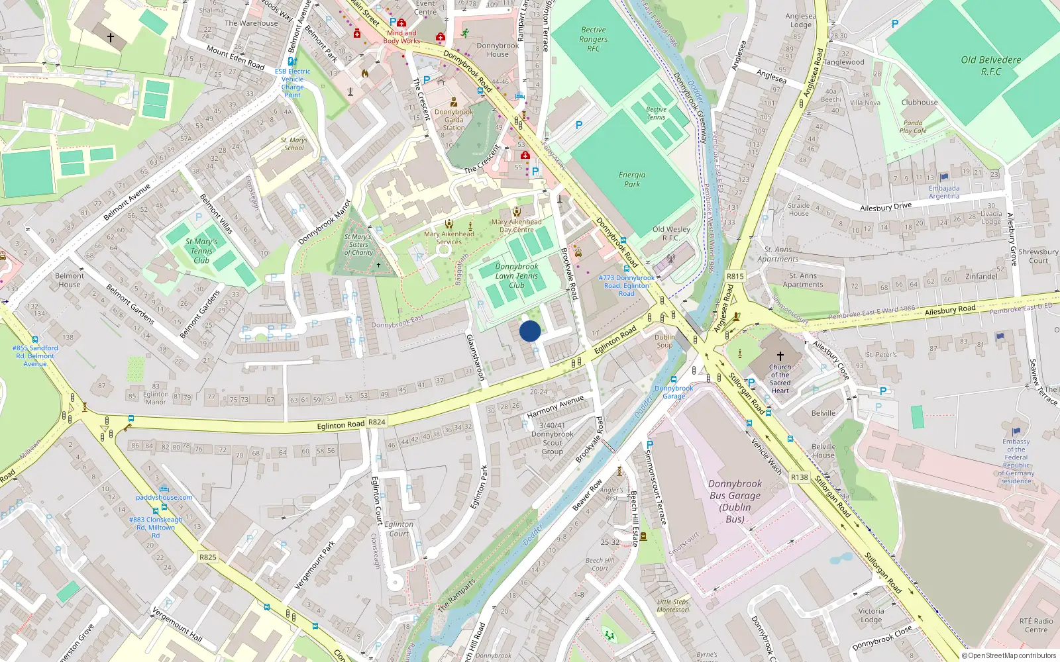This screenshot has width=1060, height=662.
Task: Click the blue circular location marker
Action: [529, 331]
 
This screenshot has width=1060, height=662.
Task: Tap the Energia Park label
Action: [632, 179]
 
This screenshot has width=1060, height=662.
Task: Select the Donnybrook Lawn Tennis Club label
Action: [517, 276]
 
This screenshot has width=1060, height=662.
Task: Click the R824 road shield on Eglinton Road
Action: [377, 422]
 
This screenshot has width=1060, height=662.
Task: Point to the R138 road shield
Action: [800, 477]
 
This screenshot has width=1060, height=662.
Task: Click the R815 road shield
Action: [735, 276]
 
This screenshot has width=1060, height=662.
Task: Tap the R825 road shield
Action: [207, 557]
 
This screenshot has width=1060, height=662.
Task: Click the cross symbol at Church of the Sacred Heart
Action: [780, 356]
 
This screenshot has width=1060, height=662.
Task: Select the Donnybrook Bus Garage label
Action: [735, 501]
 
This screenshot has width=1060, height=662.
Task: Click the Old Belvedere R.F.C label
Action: [990, 65]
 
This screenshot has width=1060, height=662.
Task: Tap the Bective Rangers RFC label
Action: [593, 39]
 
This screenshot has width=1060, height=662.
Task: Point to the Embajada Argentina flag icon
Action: [944, 177]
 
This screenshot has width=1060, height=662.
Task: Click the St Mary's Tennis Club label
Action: [201, 251]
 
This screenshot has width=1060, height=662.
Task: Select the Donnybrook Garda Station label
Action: [454, 120]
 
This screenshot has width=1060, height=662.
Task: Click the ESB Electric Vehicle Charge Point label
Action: [292, 83]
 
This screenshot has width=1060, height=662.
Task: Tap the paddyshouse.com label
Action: [164, 497]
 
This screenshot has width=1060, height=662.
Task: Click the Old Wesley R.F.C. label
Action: [671, 233]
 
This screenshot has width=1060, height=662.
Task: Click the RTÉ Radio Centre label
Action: [1035, 625]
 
